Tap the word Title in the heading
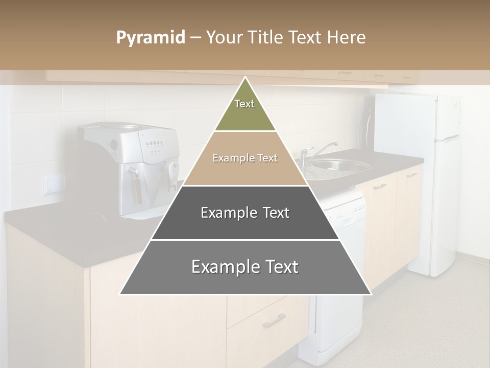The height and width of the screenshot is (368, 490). click(x=265, y=38)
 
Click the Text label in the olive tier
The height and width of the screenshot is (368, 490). click(x=244, y=104)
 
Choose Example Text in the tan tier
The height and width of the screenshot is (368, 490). click(x=245, y=158)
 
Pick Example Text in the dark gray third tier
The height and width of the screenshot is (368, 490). click(x=245, y=213)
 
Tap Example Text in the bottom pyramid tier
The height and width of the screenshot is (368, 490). click(x=245, y=267)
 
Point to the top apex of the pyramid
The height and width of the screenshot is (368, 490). click(x=246, y=78)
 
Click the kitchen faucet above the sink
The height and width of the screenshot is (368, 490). click(x=314, y=153)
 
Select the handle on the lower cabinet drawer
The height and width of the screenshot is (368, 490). click(x=274, y=320)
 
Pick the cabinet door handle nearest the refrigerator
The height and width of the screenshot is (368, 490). click(x=412, y=174)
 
